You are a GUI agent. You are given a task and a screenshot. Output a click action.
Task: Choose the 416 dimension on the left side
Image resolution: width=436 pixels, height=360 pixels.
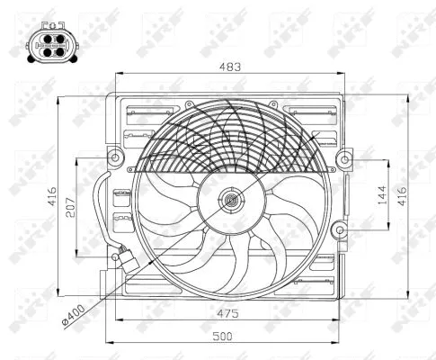51,193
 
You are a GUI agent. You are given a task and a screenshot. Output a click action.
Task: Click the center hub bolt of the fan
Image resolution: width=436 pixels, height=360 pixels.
231,201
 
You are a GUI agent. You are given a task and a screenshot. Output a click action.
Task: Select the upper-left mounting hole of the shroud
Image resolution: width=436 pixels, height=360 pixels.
113,160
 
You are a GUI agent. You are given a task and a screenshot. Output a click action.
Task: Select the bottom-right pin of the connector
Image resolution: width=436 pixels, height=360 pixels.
49,49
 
